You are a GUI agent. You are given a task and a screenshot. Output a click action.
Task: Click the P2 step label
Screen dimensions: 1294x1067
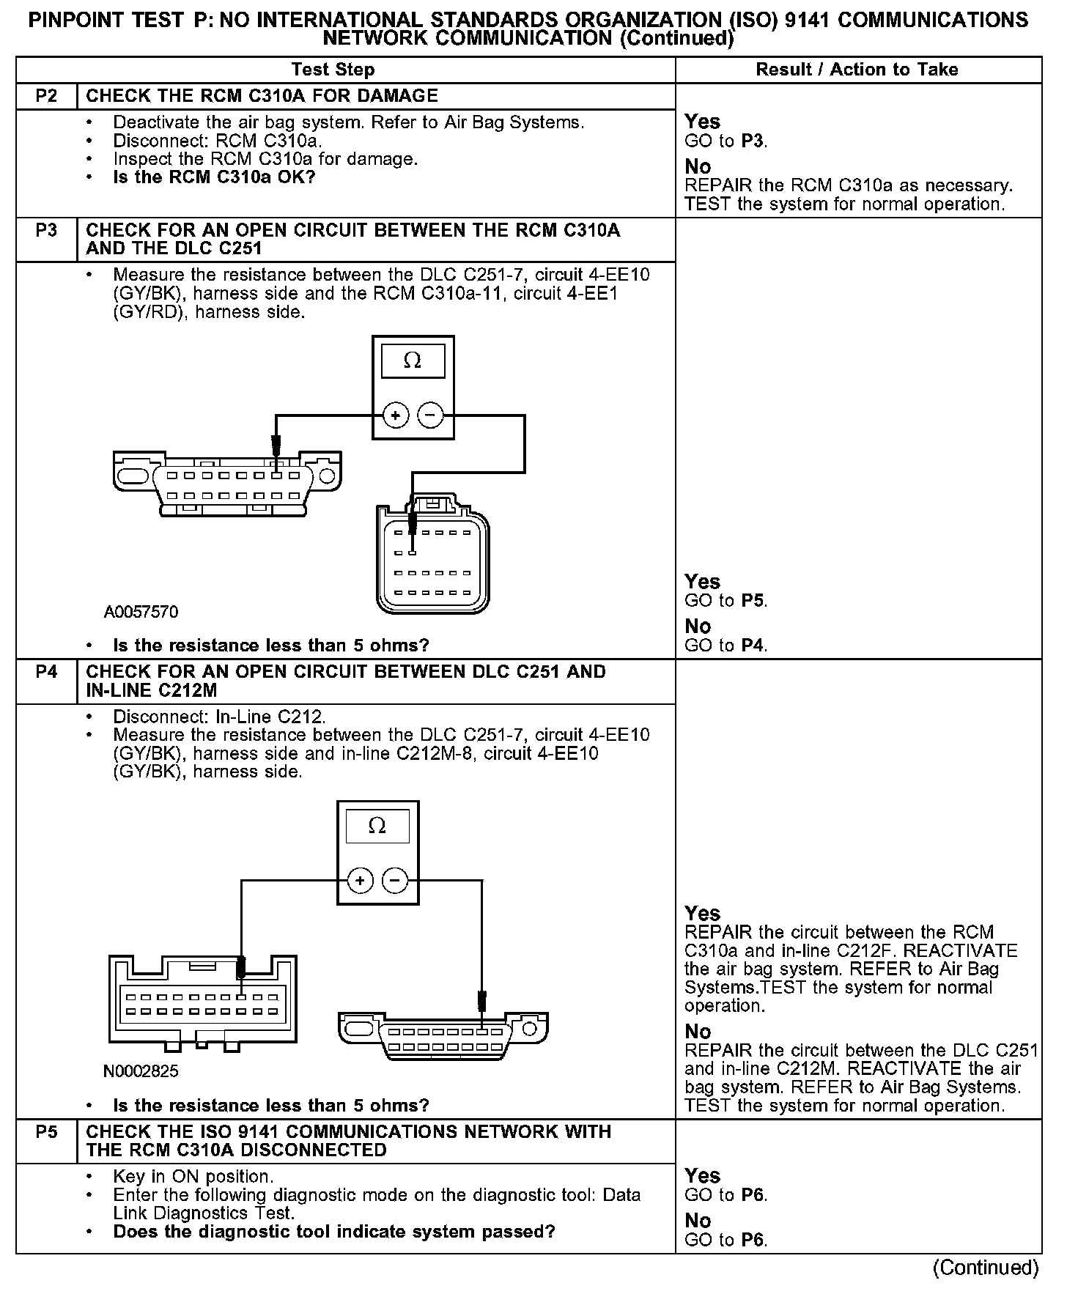coord(46,96)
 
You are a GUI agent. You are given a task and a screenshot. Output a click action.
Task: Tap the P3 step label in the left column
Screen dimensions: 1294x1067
coord(46,230)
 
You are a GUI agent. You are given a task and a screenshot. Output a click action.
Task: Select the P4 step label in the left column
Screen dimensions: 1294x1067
coord(46,672)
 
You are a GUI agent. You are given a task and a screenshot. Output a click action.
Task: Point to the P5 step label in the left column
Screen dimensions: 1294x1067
coord(46,1132)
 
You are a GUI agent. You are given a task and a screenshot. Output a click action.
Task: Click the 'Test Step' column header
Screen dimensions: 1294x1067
coord(333,70)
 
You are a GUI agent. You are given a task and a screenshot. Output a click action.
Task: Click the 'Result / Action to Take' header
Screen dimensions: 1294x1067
coord(857,70)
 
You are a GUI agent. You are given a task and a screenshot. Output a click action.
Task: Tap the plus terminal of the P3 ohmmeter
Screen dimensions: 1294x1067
coord(396,416)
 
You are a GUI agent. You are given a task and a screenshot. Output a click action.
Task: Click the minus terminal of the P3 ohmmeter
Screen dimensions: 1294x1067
coord(430,416)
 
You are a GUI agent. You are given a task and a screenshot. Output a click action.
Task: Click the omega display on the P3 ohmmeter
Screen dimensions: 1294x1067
coord(413,361)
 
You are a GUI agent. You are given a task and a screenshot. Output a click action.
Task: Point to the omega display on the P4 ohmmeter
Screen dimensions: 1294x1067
coord(377,826)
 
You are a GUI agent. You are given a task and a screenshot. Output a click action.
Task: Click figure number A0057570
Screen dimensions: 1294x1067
coord(141,612)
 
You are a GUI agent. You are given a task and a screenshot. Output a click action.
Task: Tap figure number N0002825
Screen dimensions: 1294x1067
coord(141,1071)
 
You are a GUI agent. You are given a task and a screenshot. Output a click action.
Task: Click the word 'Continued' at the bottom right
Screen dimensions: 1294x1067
coord(986,1268)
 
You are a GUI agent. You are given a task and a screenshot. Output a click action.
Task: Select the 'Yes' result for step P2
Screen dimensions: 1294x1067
coord(702,122)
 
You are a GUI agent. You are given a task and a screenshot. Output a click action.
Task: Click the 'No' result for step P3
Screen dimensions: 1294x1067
coord(698,626)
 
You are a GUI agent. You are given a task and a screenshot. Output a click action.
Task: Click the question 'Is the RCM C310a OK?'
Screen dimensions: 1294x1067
coord(214,177)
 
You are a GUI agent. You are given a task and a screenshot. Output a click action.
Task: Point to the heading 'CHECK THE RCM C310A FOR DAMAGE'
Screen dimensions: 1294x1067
coord(262,96)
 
